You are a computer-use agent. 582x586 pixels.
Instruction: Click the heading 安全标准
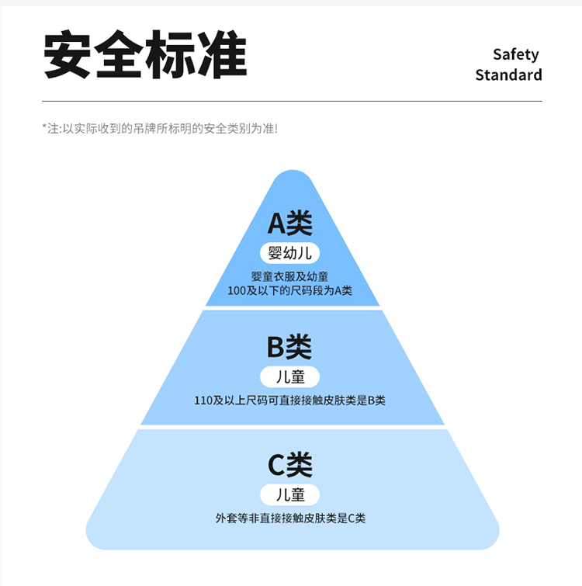pos(145,56)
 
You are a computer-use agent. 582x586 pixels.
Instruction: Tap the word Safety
pos(515,54)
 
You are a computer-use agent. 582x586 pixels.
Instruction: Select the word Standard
pos(508,75)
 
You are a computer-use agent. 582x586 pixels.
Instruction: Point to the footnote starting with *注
pos(159,128)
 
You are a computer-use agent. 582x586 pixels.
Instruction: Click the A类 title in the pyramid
pos(290,224)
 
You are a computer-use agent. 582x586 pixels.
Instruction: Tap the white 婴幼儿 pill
pos(290,253)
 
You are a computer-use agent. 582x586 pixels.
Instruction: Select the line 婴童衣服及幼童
pos(290,276)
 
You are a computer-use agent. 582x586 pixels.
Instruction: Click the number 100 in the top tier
pos(237,291)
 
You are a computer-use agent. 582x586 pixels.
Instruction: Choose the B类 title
pos(290,347)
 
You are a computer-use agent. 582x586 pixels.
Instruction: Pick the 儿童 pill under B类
pos(290,377)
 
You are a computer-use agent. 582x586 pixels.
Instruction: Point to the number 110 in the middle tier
pos(203,400)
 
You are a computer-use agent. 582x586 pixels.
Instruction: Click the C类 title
pos(290,466)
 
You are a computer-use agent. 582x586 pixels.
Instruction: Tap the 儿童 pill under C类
pos(290,494)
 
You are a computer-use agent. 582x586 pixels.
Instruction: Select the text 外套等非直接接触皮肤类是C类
pos(290,518)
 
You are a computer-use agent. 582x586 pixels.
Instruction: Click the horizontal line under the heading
pos(292,101)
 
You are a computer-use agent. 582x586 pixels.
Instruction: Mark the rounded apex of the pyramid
pos(292,177)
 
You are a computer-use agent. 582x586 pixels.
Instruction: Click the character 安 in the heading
pos(68,56)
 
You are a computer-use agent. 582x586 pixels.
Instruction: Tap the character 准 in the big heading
pos(222,56)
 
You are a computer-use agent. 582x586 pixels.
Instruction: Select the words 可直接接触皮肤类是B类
pos(331,400)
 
